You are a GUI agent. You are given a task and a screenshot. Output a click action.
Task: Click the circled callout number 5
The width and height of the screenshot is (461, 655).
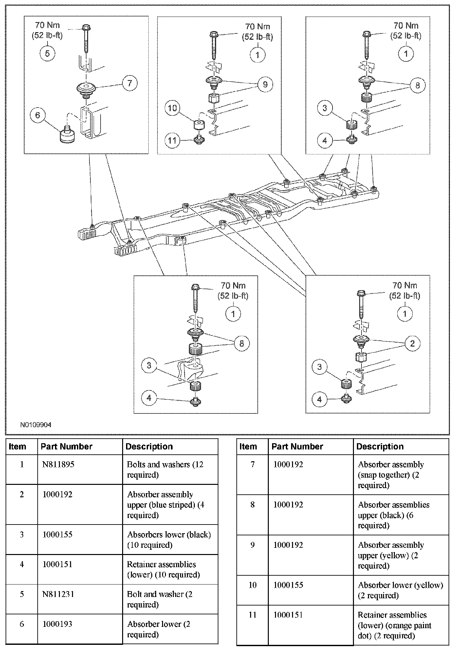(47, 53)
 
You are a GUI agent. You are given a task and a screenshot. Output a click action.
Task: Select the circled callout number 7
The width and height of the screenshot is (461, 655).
(130, 83)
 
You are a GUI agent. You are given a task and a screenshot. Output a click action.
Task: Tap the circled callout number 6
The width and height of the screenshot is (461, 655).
(37, 115)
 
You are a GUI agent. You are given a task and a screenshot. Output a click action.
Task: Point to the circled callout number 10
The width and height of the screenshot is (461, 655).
(172, 108)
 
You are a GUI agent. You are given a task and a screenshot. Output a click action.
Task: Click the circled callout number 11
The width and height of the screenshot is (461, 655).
(172, 140)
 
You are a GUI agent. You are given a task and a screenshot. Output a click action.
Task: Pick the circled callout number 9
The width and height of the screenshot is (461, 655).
(265, 85)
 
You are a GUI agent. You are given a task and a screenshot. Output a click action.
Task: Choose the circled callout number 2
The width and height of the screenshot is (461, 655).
(412, 343)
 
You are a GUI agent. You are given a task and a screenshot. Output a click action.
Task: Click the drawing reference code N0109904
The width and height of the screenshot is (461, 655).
(36, 425)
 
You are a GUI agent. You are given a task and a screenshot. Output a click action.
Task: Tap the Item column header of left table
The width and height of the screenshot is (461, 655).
(17, 447)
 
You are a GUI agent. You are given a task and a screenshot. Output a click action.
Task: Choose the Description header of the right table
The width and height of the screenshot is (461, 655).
(380, 447)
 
